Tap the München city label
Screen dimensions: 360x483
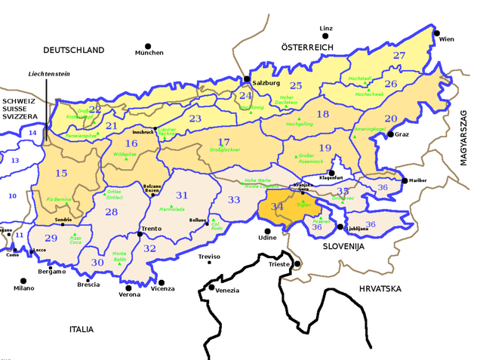click(x=149, y=53)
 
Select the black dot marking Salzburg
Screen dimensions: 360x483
click(x=247, y=78)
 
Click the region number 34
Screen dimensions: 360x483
click(x=277, y=207)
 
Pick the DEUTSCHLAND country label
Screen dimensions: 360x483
click(x=73, y=50)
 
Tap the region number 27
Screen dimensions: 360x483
click(x=399, y=56)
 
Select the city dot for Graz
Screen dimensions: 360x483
click(x=391, y=134)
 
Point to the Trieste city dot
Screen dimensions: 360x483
click(x=297, y=263)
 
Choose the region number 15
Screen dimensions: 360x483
click(x=62, y=174)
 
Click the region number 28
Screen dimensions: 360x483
click(x=112, y=212)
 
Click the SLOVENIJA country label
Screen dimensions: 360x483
click(x=343, y=247)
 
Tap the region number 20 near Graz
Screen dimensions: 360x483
click(x=390, y=118)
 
